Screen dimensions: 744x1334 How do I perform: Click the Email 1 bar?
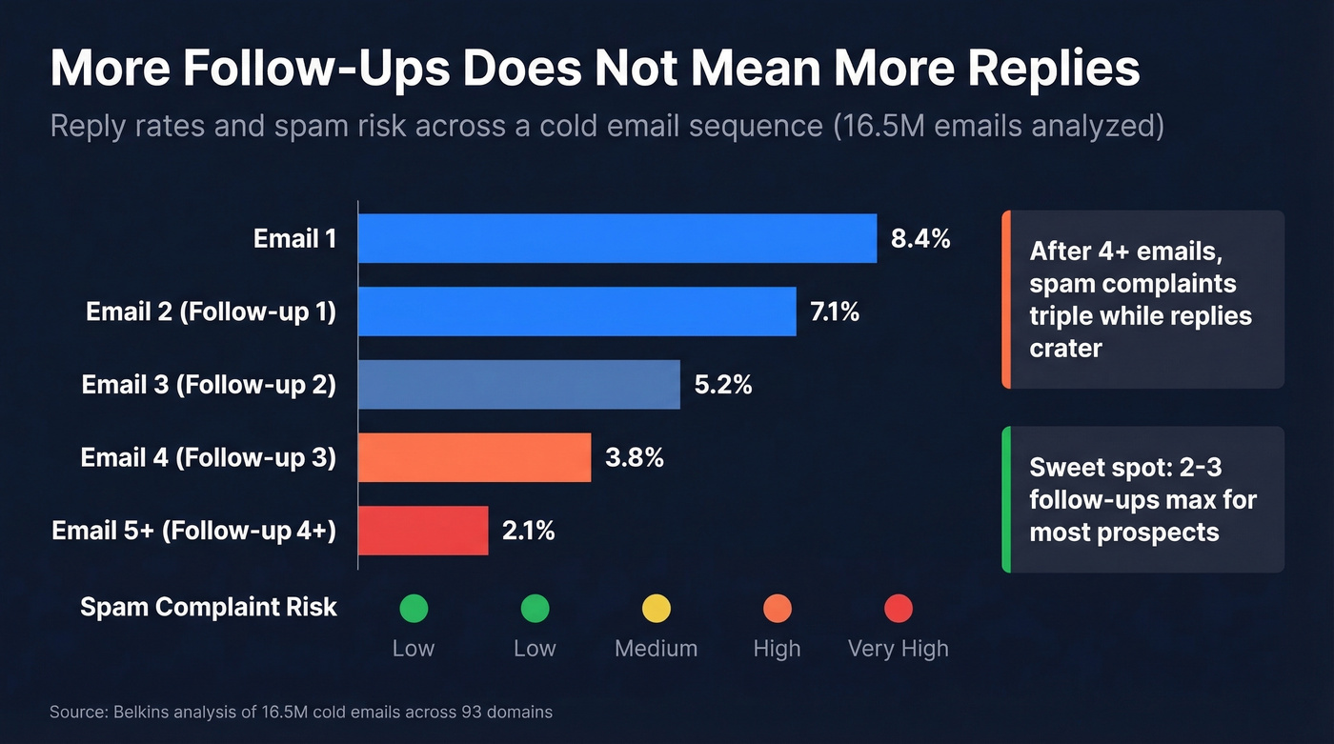[x=616, y=238]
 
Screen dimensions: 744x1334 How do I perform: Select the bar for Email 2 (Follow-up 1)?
[x=576, y=312]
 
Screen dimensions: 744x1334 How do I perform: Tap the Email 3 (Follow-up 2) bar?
[x=518, y=384]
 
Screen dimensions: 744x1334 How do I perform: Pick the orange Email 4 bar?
[x=475, y=457]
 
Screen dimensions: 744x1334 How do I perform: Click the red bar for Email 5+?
[x=423, y=531]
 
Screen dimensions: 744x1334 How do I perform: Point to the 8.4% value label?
[x=920, y=239]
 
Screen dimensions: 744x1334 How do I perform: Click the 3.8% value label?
[x=634, y=458]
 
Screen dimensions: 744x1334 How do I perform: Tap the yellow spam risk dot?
[x=657, y=608]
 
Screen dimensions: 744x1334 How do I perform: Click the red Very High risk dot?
[x=899, y=608]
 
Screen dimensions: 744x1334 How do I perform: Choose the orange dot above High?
[x=778, y=608]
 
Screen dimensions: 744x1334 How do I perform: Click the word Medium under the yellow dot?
[x=656, y=649]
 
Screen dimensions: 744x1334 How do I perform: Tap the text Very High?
[x=898, y=649]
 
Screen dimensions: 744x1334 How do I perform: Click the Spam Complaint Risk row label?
[x=209, y=607]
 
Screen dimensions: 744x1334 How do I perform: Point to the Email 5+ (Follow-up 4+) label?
[x=193, y=531]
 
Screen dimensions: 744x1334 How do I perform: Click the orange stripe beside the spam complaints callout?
[x=1005, y=299]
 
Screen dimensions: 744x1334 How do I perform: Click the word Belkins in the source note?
[x=139, y=712]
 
